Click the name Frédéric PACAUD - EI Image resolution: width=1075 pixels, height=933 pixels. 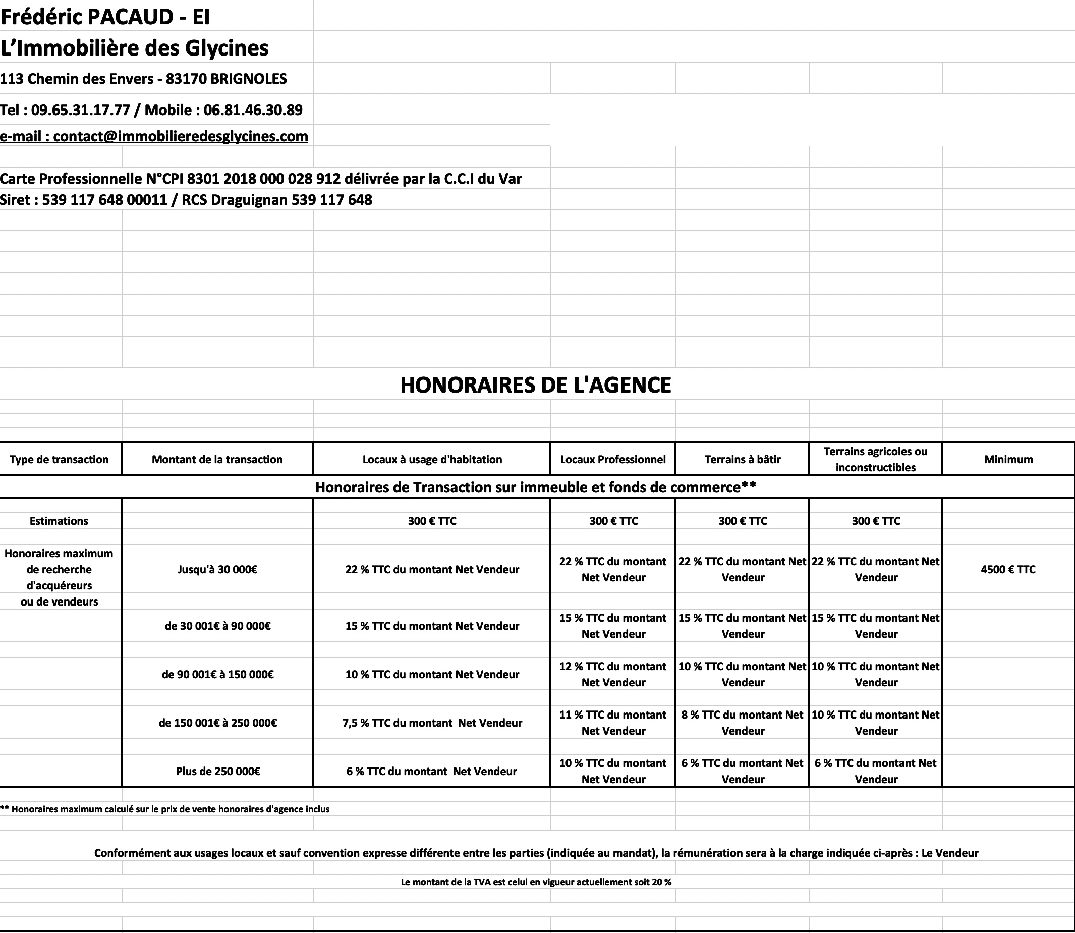105,17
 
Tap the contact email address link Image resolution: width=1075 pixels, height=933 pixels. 154,136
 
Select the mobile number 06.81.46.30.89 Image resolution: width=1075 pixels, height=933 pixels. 253,110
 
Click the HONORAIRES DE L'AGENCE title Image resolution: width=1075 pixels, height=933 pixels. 536,385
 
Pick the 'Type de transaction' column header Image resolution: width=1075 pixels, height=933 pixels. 59,459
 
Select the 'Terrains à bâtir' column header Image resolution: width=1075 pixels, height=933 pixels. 743,459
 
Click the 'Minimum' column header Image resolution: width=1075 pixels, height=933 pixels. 1008,459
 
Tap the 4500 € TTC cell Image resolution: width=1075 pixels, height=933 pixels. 1008,569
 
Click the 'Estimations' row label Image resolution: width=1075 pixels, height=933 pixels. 59,521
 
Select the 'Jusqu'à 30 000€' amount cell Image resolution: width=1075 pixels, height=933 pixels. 217,569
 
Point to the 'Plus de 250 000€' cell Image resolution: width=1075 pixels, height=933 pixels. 217,771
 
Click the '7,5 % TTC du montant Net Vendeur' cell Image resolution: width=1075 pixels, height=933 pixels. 432,723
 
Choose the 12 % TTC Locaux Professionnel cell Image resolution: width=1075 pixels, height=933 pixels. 613,674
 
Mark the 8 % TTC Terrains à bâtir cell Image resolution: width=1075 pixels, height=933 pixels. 743,723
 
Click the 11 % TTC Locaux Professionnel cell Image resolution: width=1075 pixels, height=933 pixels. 613,723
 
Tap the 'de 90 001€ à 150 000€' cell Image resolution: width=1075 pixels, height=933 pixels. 217,674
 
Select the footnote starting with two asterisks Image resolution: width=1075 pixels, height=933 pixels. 165,809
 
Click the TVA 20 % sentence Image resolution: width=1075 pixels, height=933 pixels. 536,882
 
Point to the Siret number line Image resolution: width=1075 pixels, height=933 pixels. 186,200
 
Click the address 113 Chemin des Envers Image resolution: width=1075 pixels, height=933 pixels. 143,79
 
